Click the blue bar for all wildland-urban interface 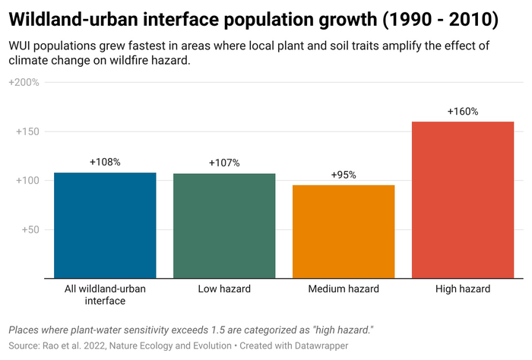(105, 226)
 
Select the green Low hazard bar (224, 226)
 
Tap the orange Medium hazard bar (344, 232)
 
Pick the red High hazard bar (463, 200)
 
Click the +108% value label (105, 162)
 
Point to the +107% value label (224, 163)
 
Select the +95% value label (344, 175)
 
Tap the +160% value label (463, 111)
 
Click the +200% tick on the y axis (24, 82)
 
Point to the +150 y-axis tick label (27, 131)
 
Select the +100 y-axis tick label (27, 180)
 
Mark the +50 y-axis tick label (30, 229)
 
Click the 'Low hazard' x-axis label (224, 289)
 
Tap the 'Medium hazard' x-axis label (344, 289)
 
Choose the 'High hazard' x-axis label (463, 289)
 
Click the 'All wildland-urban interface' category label (105, 295)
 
